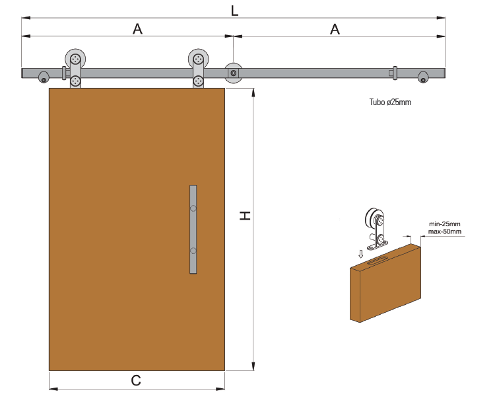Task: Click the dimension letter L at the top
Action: pos(234,11)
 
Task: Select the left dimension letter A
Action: pos(137,29)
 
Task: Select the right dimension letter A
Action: pos(335,29)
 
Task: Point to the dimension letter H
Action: pos(245,216)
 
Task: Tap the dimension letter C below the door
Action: pos(136,380)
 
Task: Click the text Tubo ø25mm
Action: pos(390,103)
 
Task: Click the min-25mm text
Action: pos(444,224)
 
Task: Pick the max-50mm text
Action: pos(444,232)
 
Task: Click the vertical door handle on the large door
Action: pos(193,230)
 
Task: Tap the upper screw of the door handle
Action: pos(193,208)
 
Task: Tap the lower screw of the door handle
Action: pos(193,251)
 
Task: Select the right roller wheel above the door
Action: pos(198,58)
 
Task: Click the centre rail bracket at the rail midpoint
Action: pos(233,73)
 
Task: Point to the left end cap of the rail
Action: pos(44,77)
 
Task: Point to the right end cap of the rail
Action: pos(423,77)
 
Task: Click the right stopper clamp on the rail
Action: pos(394,73)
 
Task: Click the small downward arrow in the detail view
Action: pos(360,253)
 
